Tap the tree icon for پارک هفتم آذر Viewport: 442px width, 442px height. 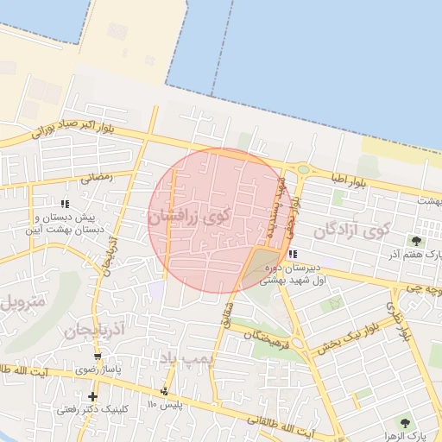pyautogui.click(x=417, y=241)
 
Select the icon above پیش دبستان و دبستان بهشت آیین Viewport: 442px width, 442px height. pyautogui.click(x=88, y=204)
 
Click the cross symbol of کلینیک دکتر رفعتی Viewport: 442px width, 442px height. pyautogui.click(x=92, y=396)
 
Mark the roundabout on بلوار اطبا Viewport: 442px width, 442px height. pyautogui.click(x=302, y=169)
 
